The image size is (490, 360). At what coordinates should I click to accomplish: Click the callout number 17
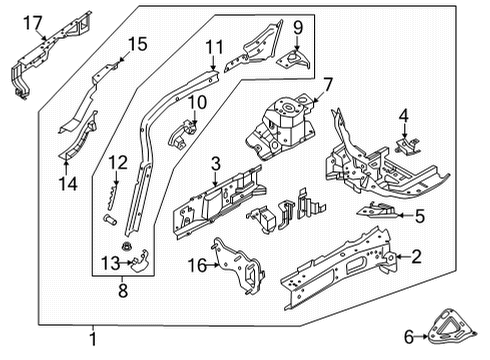pyautogui.click(x=33, y=21)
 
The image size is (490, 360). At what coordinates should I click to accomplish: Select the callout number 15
pyautogui.click(x=136, y=43)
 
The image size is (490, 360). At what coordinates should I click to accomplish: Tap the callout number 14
pyautogui.click(x=68, y=182)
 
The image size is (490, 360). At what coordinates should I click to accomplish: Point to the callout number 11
pyautogui.click(x=214, y=47)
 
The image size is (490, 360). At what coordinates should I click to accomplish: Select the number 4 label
pyautogui.click(x=403, y=117)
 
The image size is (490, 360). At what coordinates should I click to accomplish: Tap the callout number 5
pyautogui.click(x=420, y=216)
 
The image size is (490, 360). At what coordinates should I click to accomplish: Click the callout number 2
pyautogui.click(x=416, y=256)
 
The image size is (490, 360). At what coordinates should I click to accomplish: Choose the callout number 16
pyautogui.click(x=197, y=264)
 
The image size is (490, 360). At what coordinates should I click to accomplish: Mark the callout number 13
pyautogui.click(x=110, y=263)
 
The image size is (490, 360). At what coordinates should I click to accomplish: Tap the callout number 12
pyautogui.click(x=118, y=163)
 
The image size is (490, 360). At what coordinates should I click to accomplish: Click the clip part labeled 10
pyautogui.click(x=184, y=132)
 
